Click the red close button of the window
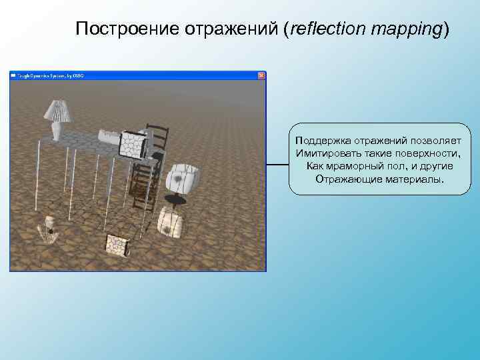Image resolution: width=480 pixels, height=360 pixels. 261,75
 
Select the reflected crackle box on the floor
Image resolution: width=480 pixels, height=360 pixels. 117,245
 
